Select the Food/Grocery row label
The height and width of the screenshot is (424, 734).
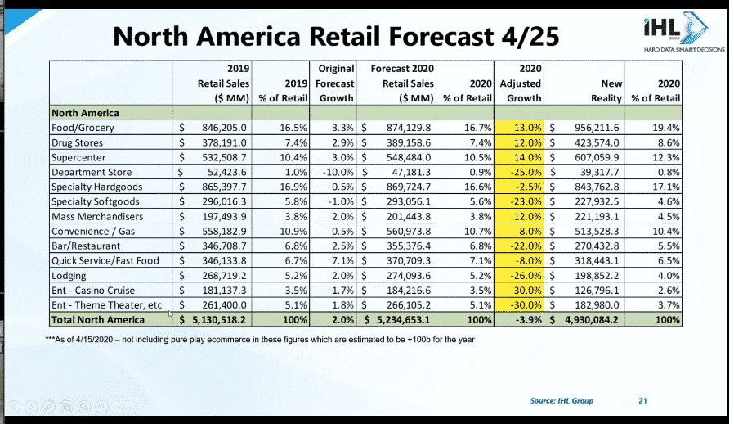83,128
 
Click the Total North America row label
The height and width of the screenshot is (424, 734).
99,319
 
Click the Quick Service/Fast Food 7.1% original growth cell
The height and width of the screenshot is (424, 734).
342,260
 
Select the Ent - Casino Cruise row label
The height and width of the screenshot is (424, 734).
92,290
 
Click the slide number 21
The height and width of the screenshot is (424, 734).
642,401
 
